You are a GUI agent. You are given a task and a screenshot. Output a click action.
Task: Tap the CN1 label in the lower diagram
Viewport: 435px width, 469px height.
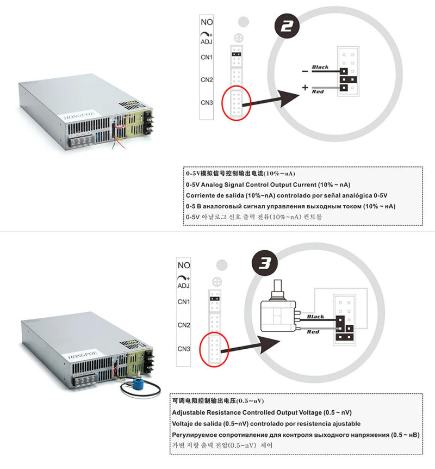[x=183, y=301]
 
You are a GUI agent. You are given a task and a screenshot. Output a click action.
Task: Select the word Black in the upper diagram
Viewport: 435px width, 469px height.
[x=320, y=68]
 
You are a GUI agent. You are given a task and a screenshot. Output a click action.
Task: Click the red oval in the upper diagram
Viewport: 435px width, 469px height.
[x=237, y=102]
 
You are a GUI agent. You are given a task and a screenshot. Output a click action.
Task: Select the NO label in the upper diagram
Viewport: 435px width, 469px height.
[x=207, y=22]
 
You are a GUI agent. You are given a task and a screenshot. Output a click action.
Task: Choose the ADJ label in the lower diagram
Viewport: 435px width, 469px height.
[x=183, y=286]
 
